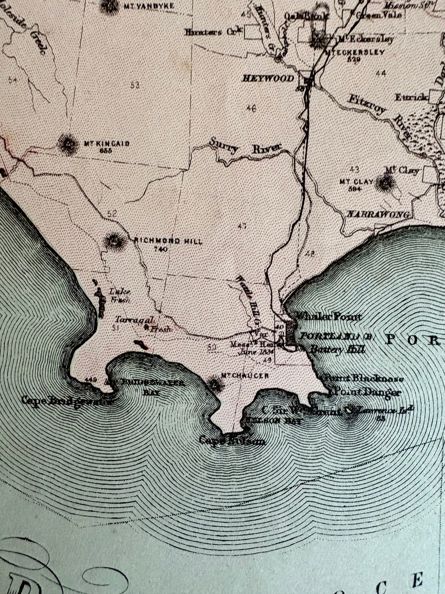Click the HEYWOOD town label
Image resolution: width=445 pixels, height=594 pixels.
(x=268, y=79)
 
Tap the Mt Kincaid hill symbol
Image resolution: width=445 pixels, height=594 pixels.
(x=68, y=145)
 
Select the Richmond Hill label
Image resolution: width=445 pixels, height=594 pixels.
(x=168, y=241)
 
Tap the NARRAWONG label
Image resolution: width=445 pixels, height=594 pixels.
(x=378, y=214)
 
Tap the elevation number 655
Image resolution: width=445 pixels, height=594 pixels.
(x=105, y=151)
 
